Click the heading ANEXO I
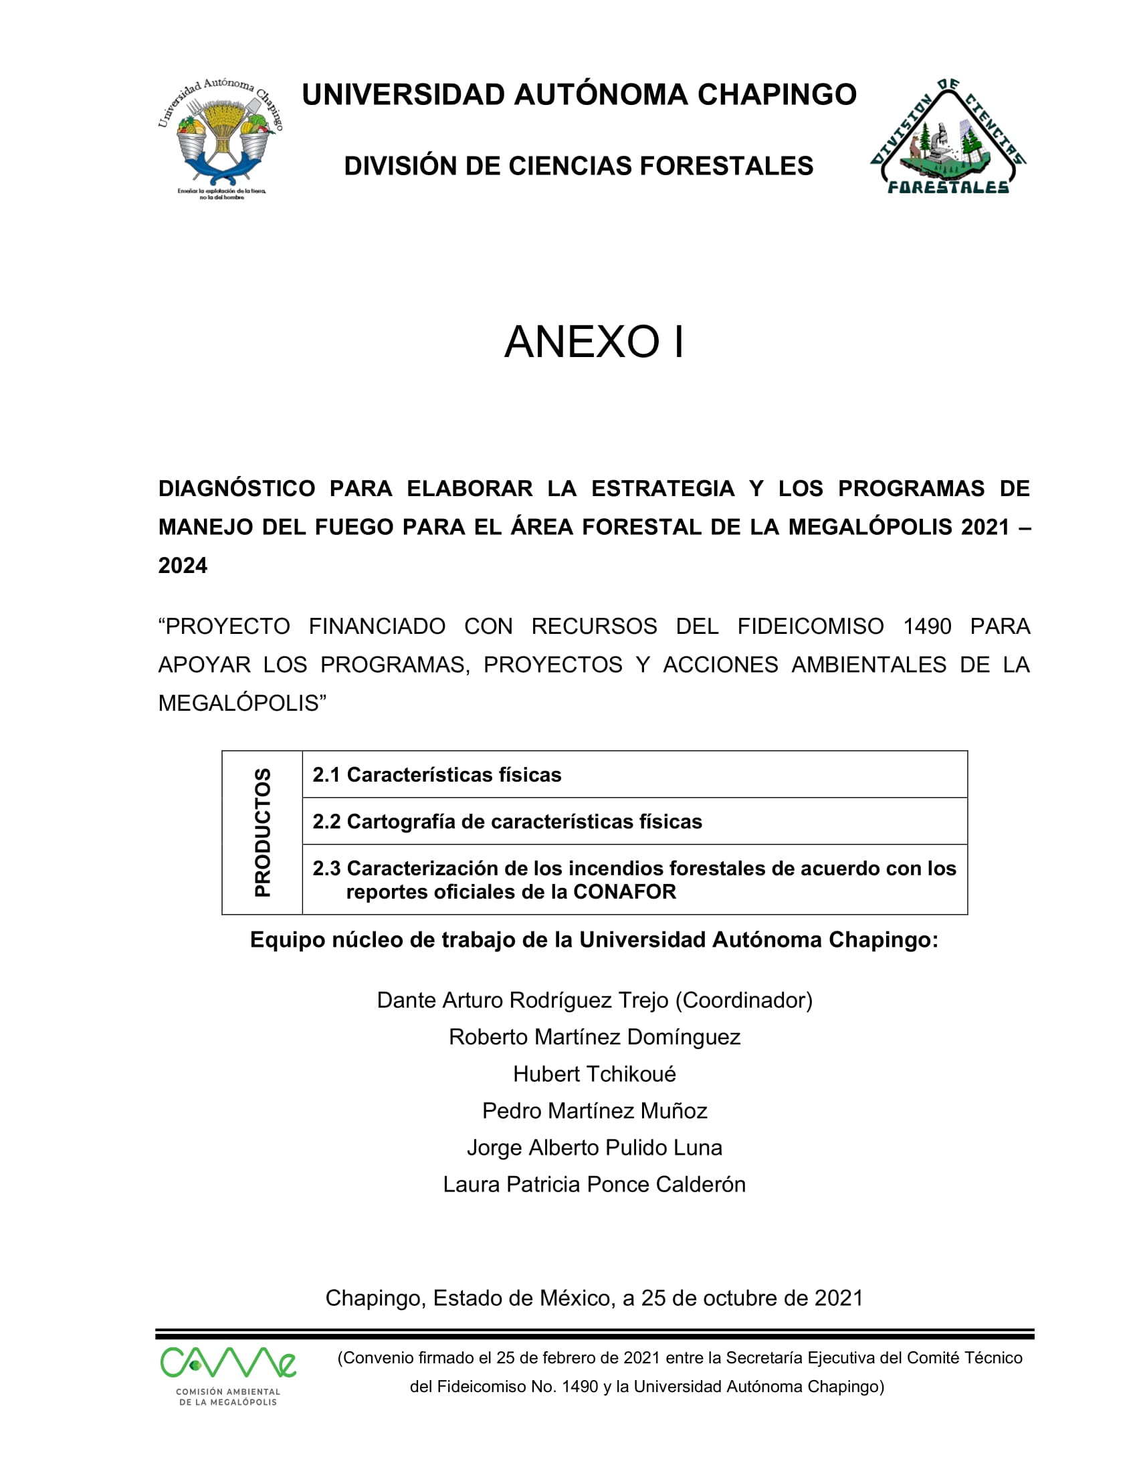594,342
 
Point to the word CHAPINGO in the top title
777,95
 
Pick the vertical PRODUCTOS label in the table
263,832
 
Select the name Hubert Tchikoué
594,1074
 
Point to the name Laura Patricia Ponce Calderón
594,1184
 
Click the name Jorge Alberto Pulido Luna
594,1147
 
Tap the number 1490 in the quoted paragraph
927,627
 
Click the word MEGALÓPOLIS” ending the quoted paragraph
242,703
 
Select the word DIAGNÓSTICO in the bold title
236,488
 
